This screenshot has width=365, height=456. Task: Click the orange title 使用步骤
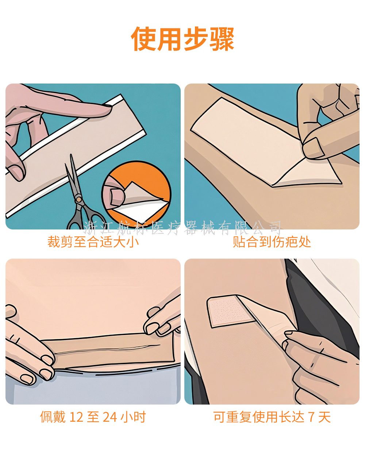pos(182,39)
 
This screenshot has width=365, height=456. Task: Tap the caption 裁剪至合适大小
pos(93,242)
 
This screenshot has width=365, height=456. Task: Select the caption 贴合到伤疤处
pos(272,242)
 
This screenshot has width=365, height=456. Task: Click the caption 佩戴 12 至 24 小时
pos(93,417)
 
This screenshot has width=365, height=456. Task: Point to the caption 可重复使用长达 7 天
pos(272,417)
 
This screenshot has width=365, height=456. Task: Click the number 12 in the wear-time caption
pos(76,417)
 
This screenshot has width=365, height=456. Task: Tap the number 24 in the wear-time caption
pos(110,417)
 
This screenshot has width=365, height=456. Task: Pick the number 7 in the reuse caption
pos(311,417)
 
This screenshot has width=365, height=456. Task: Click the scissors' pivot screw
pos(79,199)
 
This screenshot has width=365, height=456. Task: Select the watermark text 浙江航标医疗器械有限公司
pos(182,228)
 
